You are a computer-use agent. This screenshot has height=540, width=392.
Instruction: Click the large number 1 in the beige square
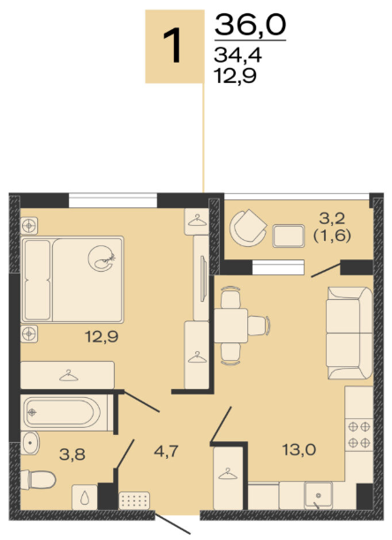[x=172, y=46]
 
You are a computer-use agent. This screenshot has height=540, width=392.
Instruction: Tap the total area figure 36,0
[x=251, y=25]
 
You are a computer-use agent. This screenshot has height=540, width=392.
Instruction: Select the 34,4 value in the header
[x=237, y=55]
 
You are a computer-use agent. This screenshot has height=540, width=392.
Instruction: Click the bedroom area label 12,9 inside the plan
[x=102, y=337]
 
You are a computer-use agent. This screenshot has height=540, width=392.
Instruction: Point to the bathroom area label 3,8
[x=72, y=454]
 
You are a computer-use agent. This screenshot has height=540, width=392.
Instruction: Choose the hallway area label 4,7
[x=166, y=451]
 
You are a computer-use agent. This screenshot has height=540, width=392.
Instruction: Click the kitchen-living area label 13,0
[x=299, y=450]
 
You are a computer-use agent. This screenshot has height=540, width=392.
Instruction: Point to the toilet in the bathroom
[x=38, y=479]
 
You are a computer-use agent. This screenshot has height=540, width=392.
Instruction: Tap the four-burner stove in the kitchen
[x=359, y=435]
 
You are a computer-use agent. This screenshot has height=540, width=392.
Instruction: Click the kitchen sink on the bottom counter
[x=319, y=496]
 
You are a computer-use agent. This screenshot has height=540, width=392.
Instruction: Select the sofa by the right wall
[x=350, y=333]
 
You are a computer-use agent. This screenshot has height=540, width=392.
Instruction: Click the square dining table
[x=230, y=326]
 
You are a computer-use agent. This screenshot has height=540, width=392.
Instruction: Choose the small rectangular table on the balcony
[x=289, y=236]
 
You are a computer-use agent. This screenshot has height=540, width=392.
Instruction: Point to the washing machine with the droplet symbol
[x=85, y=497]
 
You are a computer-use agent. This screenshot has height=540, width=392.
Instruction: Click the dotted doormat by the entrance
[x=134, y=500]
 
